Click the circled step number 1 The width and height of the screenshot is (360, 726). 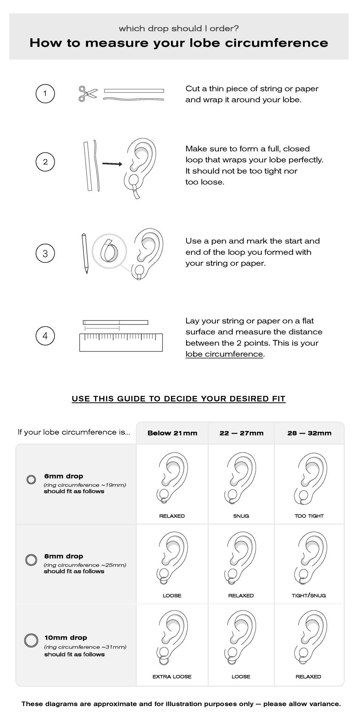coord(45,94)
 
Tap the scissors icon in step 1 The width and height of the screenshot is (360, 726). coord(88,94)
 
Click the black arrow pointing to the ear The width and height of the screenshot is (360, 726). coord(112,164)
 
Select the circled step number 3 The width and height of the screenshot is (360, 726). coord(45,253)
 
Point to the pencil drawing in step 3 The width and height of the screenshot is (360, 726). coord(85,253)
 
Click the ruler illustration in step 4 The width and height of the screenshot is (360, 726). coord(121,342)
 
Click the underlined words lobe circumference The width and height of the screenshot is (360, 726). coord(224,354)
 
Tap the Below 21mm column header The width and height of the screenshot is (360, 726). coord(172,433)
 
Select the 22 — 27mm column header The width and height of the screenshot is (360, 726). coord(241,433)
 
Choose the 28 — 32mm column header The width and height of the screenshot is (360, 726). coord(309,433)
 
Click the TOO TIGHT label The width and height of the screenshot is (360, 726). coord(309,516)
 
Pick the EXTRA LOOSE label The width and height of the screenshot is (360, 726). coord(172,677)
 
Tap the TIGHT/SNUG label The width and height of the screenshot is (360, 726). coord(309,596)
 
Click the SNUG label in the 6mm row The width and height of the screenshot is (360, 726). coord(241,516)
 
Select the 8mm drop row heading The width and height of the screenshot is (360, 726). coord(64,556)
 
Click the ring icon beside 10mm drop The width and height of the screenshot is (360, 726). coord(31,640)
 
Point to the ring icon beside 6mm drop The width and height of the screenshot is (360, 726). coord(31,480)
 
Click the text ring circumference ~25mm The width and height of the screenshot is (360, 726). coord(85,565)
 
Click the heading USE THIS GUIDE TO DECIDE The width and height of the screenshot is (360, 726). coord(178,399)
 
